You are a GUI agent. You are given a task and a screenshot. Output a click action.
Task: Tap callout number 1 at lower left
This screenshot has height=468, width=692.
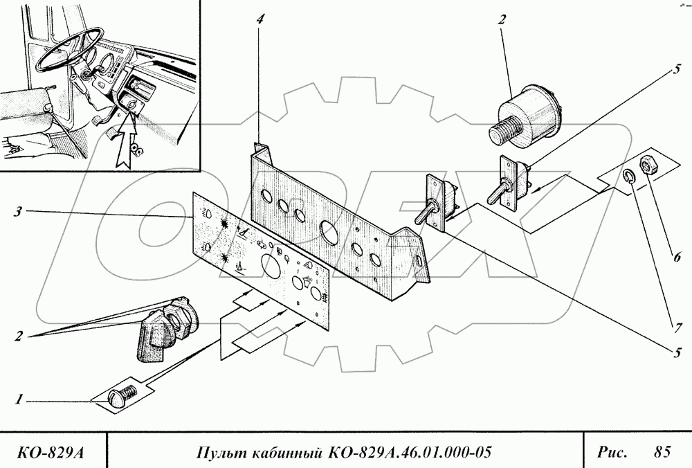[20, 399]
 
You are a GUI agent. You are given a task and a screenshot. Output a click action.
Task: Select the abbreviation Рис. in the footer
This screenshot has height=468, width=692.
[612, 453]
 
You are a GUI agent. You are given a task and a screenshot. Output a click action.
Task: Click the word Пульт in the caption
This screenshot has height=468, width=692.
[218, 453]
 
